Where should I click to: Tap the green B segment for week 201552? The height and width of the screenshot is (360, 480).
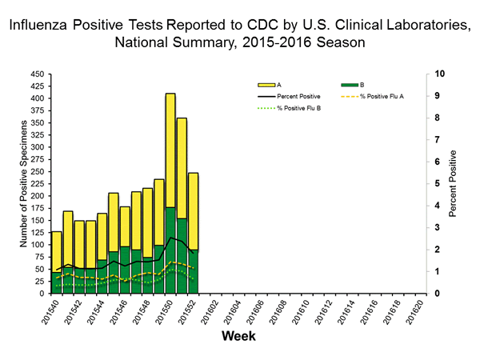tap(193, 272)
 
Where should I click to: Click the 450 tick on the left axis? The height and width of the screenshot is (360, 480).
tap(37, 74)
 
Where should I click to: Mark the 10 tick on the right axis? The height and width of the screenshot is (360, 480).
tap(435, 74)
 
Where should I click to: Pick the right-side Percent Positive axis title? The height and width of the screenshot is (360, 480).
tap(454, 183)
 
